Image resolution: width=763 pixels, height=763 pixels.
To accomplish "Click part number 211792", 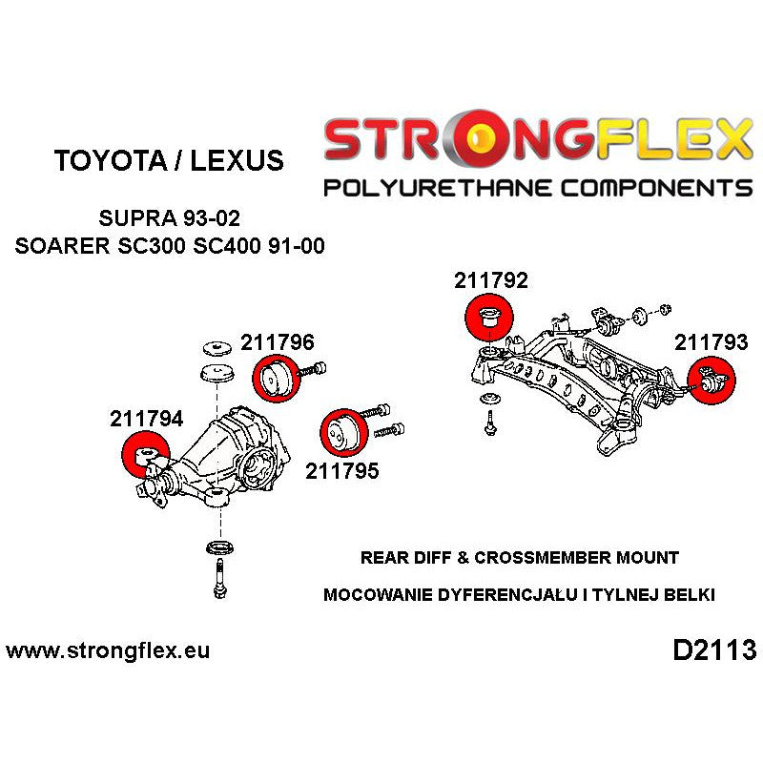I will [491, 281].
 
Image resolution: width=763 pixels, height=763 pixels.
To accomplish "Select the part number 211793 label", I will [711, 341].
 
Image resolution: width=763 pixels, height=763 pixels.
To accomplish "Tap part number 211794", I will [147, 418].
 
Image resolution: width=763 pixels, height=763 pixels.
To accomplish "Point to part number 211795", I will [341, 470].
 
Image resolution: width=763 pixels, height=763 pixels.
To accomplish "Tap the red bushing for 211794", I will [146, 452].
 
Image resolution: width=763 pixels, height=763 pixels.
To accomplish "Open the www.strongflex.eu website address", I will [108, 651].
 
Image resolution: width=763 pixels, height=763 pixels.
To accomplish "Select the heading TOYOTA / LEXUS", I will [169, 160].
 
